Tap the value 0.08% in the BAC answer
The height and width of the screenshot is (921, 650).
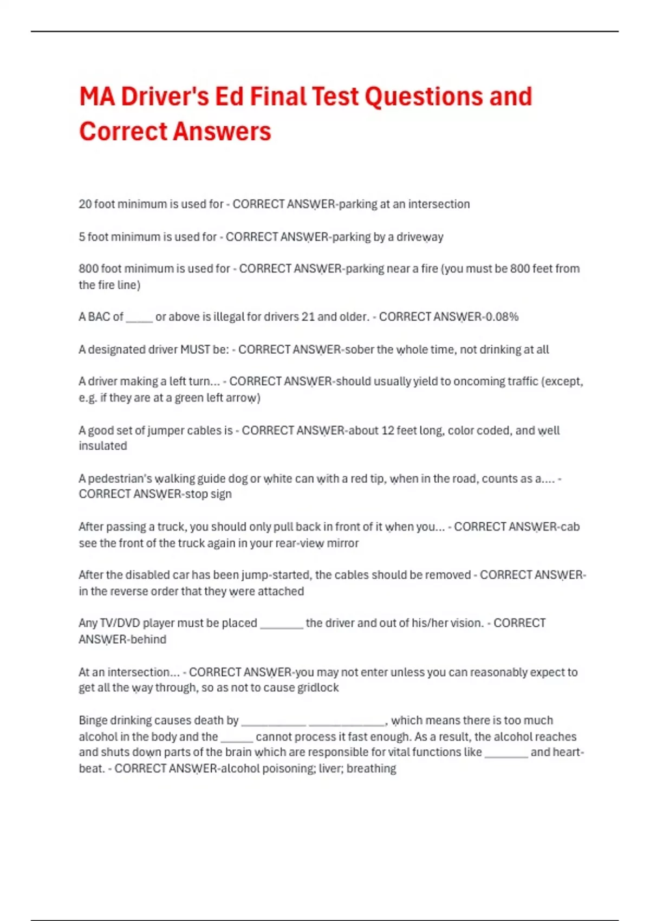click(x=502, y=317)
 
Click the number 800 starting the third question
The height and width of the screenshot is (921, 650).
click(x=88, y=269)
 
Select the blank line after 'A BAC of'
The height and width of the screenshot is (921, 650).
click(x=139, y=318)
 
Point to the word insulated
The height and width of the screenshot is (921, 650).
click(x=103, y=446)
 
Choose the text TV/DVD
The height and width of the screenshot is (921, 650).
click(x=117, y=624)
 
